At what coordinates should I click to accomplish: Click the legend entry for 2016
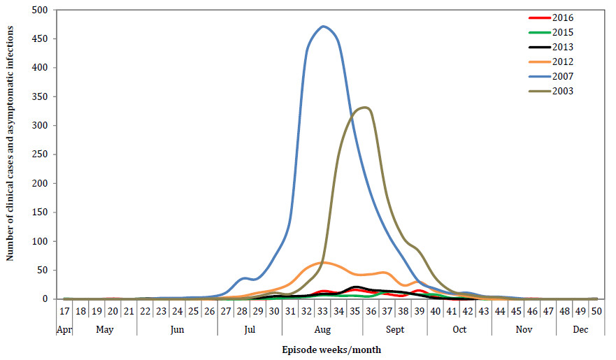tap(561, 17)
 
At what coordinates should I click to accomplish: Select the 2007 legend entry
tap(561, 76)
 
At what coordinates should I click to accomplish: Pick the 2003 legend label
tap(561, 91)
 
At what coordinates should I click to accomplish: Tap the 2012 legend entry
tap(561, 62)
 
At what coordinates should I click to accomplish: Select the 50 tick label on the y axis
tap(44, 270)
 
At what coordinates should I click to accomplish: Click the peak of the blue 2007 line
tap(322, 27)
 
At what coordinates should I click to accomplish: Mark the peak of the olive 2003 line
tap(365, 108)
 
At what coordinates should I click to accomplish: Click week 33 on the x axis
tap(322, 311)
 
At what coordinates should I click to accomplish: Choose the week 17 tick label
tap(64, 311)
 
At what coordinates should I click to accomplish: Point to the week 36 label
tap(371, 311)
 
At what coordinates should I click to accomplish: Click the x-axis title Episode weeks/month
tap(332, 349)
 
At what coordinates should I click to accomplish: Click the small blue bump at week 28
tap(243, 278)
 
